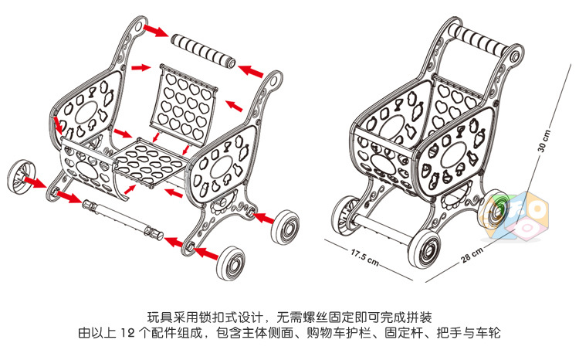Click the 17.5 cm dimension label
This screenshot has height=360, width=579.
pyautogui.click(x=364, y=255)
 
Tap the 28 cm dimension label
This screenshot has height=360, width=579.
pyautogui.click(x=471, y=256)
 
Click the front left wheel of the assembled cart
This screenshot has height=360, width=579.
pyautogui.click(x=345, y=215)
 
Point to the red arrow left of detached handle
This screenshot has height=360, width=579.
pyautogui.click(x=157, y=29)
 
